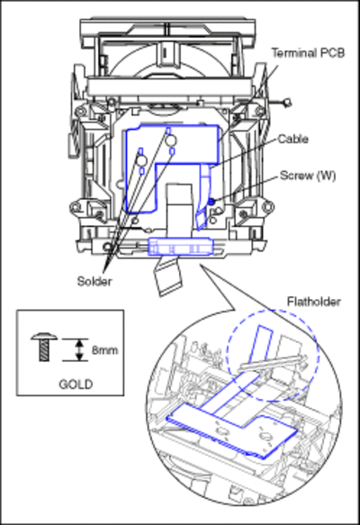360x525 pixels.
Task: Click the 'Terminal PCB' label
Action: (308, 53)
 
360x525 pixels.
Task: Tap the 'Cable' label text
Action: (293, 139)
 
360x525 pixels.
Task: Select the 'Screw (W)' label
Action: (308, 176)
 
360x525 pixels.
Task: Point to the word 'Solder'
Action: (94, 281)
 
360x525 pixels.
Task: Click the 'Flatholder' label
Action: (314, 302)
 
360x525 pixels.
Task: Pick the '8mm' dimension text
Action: (105, 350)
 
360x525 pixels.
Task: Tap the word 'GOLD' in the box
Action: (76, 384)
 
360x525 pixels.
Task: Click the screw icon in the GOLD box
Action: (44, 347)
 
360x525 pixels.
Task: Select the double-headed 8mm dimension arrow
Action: (79, 350)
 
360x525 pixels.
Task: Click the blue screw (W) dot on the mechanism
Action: (211, 201)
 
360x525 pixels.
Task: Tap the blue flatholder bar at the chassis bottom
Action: (180, 247)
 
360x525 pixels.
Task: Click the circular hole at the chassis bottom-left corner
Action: (107, 248)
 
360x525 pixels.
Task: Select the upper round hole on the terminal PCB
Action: (171, 140)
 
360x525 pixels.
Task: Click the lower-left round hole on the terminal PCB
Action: (141, 160)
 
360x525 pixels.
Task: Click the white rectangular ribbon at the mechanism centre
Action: (179, 208)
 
